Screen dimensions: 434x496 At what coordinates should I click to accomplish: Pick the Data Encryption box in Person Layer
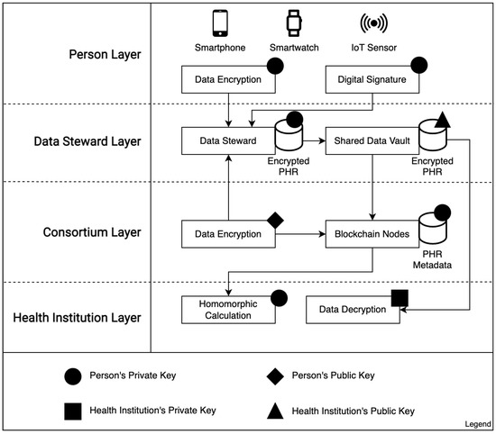click(x=227, y=79)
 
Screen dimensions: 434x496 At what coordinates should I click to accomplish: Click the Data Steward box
click(x=227, y=140)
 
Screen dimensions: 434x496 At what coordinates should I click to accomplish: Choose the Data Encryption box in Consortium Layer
click(x=227, y=234)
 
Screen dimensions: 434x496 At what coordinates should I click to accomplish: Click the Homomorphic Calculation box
click(x=227, y=309)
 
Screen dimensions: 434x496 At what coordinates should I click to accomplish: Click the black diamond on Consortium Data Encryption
click(x=276, y=218)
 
